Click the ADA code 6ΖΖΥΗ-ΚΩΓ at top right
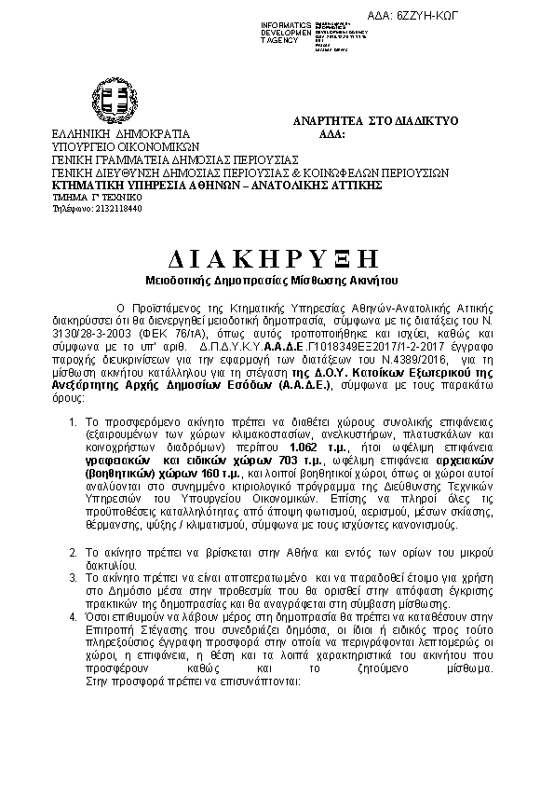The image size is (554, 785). point(505,18)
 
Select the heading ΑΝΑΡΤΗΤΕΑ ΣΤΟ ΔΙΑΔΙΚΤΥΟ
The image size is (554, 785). point(374,121)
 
